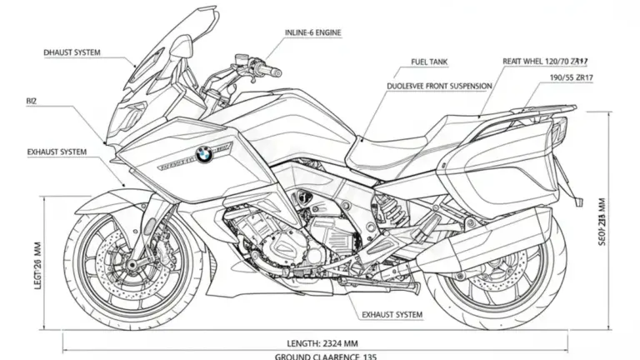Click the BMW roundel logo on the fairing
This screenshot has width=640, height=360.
point(204,154)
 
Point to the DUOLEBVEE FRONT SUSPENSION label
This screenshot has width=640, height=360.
point(439,86)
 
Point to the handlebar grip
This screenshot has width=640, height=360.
point(271,67)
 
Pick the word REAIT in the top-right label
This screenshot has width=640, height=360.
point(516,62)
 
